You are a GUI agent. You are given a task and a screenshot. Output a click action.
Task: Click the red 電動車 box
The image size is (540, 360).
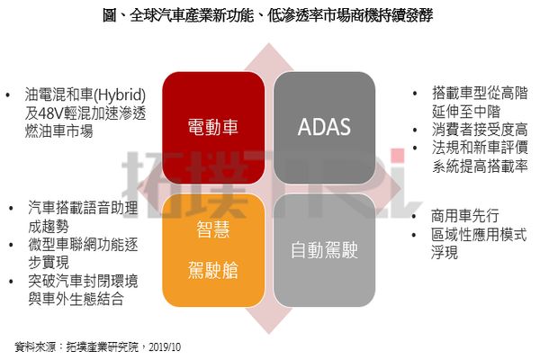[x=213, y=128]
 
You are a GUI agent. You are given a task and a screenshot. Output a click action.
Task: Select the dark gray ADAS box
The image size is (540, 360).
[x=324, y=128]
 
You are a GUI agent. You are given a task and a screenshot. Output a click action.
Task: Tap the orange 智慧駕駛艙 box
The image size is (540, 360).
[x=213, y=250]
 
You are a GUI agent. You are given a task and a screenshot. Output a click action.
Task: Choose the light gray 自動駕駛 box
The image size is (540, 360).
[x=324, y=250]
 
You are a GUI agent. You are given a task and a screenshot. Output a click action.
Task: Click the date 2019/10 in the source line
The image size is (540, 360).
[x=165, y=346]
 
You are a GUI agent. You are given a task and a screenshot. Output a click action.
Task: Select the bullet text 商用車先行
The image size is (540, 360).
[x=465, y=216]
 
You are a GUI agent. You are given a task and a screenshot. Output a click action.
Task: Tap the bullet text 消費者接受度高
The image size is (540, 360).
[x=480, y=130]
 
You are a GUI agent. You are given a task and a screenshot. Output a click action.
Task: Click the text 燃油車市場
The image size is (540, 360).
[x=58, y=131]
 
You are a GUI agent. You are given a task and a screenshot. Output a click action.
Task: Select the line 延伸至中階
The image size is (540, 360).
[x=466, y=112]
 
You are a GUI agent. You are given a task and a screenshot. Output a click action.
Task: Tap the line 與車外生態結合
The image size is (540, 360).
[x=76, y=299]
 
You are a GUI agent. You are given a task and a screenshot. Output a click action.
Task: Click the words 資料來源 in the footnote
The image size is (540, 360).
[x=35, y=346]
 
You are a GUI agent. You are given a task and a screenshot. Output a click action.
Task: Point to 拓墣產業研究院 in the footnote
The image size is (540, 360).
[x=102, y=346]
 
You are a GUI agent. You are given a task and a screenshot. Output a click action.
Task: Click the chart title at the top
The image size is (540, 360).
[x=268, y=15]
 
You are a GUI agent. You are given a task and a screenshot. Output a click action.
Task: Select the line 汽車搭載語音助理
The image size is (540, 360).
[x=83, y=208]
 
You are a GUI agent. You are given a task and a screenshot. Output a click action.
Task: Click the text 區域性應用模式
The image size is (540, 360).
[x=479, y=235]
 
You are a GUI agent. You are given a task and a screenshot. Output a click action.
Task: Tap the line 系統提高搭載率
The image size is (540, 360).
[x=480, y=166]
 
